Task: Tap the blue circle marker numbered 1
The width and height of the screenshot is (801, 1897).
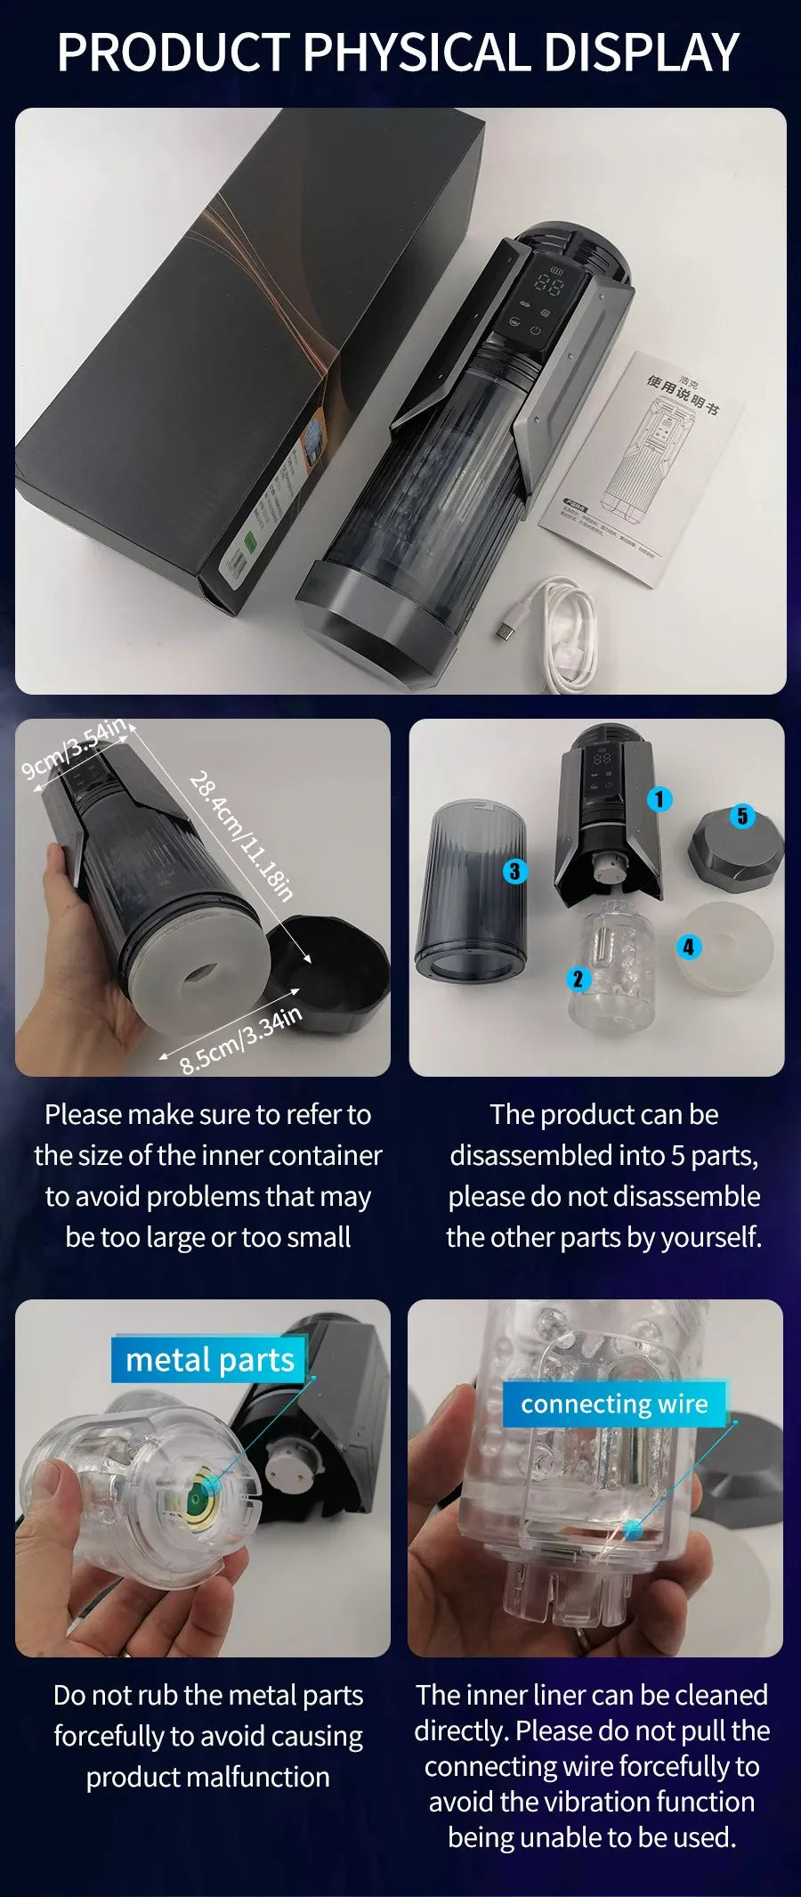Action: (659, 799)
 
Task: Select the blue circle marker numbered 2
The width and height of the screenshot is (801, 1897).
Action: (578, 979)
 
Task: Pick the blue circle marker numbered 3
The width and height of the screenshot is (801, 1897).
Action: (514, 870)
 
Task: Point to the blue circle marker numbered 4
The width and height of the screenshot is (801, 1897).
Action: (688, 947)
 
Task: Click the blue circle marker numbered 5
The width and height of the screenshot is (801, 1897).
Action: (742, 816)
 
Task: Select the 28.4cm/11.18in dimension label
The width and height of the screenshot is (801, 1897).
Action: (241, 836)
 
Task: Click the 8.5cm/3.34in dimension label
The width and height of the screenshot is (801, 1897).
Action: (241, 1040)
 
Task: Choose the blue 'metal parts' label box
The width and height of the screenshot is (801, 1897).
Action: (209, 1360)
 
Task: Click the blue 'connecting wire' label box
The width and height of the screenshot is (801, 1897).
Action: (614, 1404)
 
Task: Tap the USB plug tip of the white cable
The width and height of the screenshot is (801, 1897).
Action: (506, 631)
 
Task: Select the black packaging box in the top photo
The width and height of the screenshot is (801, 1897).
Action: (222, 356)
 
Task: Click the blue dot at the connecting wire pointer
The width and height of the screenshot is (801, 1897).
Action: (634, 1530)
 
